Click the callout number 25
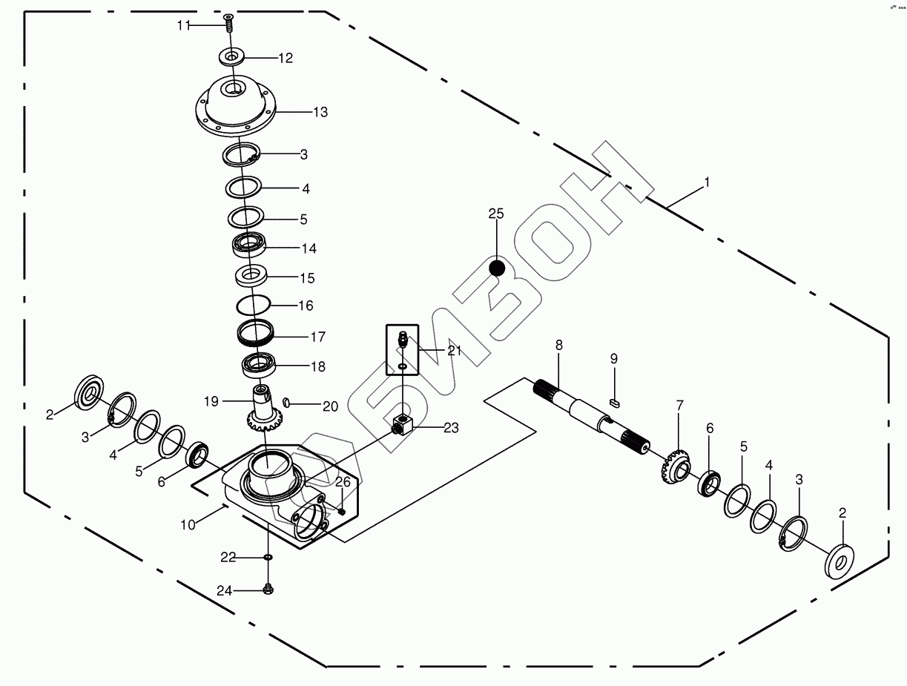pos(495,214)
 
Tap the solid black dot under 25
pos(497,268)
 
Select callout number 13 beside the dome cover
pos(320,113)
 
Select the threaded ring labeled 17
pos(256,332)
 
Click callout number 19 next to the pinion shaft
pos(211,401)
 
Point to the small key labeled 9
pos(614,401)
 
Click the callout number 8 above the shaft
pos(558,345)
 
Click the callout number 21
pos(454,351)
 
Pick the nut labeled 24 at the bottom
pos(268,590)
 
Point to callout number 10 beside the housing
pos(188,524)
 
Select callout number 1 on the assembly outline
pos(707,182)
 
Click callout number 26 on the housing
pos(342,482)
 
